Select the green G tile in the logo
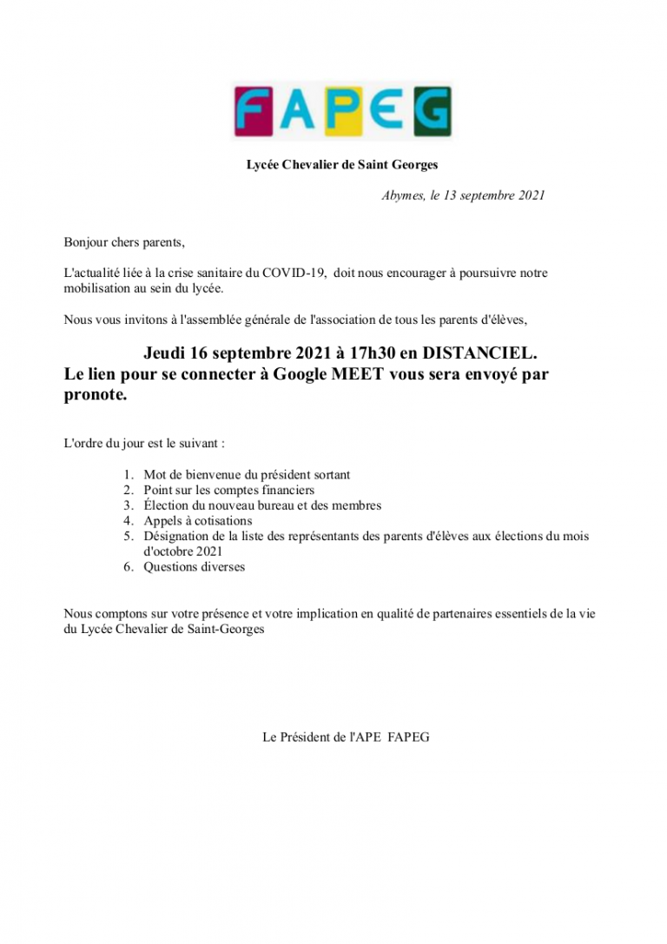click(x=432, y=111)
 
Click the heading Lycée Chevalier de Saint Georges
click(x=342, y=165)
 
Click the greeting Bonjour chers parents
click(x=124, y=241)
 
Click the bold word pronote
click(x=96, y=395)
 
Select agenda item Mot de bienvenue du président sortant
click(x=247, y=475)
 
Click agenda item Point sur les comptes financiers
click(x=228, y=491)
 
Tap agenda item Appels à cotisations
click(x=197, y=521)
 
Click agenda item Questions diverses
click(x=194, y=567)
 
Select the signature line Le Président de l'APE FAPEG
click(x=346, y=737)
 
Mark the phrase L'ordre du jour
click(x=101, y=443)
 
